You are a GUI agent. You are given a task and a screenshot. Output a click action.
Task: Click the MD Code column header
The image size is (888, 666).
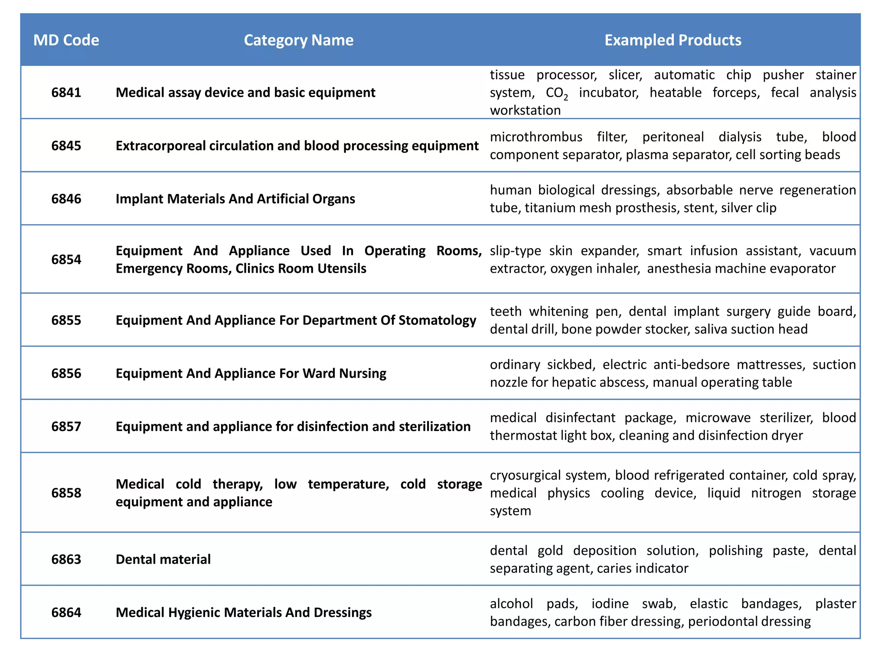tap(66, 40)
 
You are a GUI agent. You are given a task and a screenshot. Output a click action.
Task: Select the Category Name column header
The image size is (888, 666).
tap(298, 40)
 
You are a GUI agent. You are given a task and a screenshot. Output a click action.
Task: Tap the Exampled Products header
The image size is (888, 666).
tap(673, 40)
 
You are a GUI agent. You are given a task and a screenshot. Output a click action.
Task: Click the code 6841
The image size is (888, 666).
tap(66, 93)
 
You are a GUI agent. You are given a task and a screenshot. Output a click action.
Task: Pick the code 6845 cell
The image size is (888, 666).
tap(66, 146)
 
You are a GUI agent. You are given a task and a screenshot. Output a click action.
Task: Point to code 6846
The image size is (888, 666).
tap(66, 199)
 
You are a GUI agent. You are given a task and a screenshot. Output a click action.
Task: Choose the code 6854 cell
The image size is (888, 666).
tap(66, 260)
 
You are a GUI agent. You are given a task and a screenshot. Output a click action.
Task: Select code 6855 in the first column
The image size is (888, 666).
tap(66, 320)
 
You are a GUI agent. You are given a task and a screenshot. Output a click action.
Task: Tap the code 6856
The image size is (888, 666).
tap(66, 374)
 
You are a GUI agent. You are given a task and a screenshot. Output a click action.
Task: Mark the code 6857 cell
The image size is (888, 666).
tap(66, 427)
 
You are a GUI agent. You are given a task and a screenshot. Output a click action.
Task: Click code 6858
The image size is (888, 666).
tap(66, 493)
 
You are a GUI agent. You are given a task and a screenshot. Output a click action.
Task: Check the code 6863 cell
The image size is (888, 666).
tap(66, 559)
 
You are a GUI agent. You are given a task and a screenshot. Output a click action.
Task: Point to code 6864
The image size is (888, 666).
tap(66, 613)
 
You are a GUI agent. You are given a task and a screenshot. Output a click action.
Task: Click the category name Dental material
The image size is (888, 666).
tap(163, 559)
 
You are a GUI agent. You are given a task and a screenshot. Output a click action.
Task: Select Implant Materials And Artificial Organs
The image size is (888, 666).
tap(235, 199)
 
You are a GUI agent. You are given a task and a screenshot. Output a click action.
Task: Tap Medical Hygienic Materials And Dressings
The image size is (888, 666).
tap(243, 613)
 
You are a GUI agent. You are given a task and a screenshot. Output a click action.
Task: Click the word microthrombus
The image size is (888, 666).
tap(536, 137)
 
